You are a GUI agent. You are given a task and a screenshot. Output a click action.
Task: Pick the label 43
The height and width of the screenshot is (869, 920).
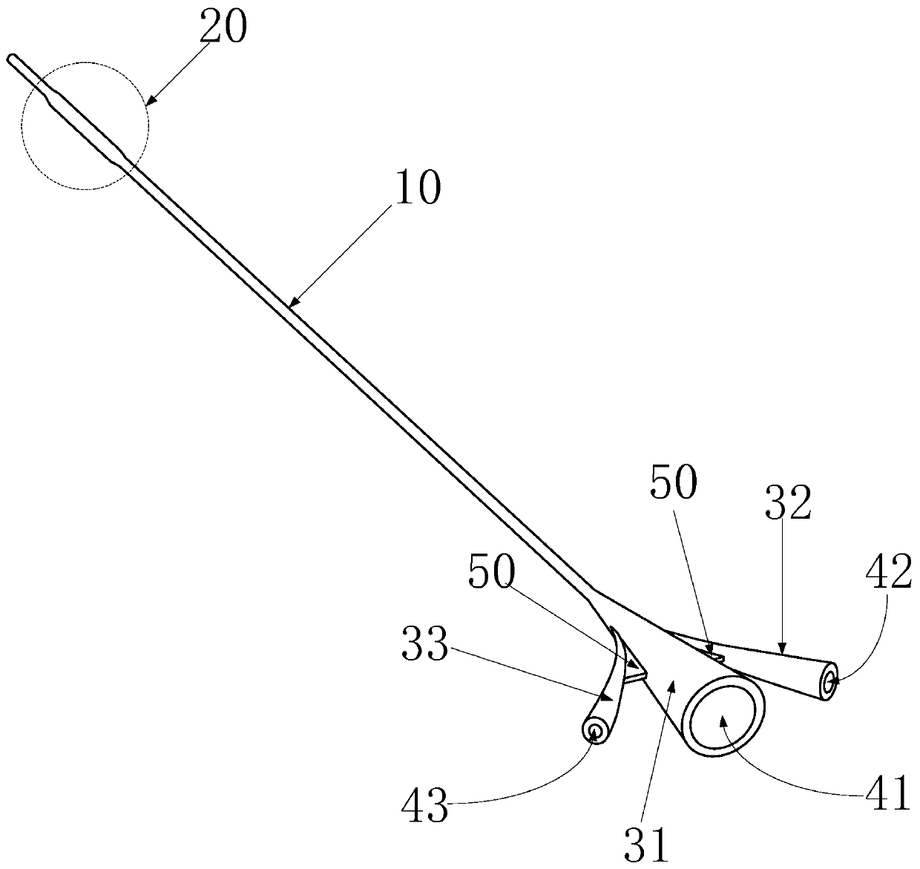click(426, 806)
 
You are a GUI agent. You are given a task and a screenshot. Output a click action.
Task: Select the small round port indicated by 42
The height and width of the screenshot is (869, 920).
click(829, 680)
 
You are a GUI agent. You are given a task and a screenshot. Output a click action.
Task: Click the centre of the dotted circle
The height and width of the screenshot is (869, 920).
click(85, 125)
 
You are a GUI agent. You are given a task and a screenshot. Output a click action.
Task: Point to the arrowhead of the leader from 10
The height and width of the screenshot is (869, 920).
click(291, 305)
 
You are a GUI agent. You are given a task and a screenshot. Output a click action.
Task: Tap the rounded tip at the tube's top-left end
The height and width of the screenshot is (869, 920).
click(10, 58)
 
